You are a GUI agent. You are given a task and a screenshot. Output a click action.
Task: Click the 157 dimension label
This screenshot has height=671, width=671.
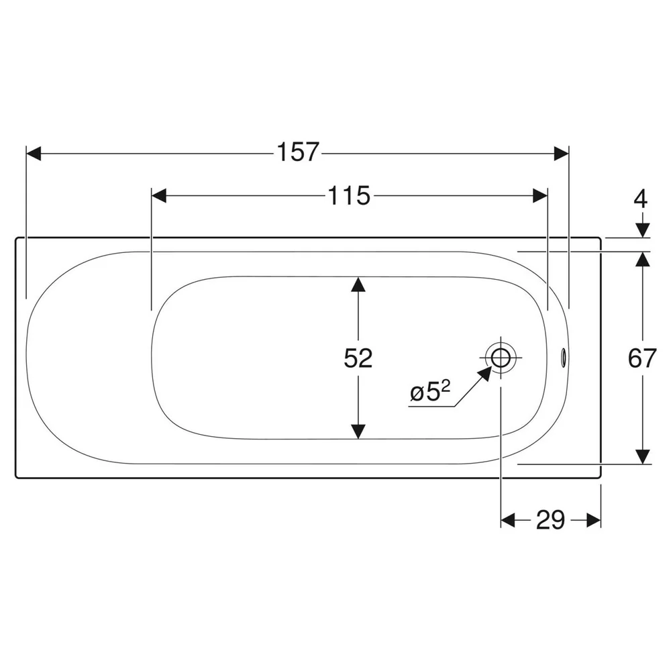(298, 152)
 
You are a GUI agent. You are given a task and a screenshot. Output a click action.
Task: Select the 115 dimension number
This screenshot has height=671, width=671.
(349, 196)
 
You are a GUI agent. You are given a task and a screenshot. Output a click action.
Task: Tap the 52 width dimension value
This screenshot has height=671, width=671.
(358, 358)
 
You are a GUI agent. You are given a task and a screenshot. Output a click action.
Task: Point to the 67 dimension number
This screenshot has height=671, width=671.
(642, 358)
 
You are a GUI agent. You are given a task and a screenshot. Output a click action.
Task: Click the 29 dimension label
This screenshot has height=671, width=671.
(550, 520)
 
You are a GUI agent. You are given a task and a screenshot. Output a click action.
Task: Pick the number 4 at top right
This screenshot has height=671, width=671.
(641, 199)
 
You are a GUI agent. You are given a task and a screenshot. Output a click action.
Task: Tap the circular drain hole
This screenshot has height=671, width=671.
(501, 358)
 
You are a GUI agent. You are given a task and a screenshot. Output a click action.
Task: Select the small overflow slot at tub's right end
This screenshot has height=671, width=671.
(563, 358)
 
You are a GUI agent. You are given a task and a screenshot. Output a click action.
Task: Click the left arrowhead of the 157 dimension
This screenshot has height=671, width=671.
(34, 153)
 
